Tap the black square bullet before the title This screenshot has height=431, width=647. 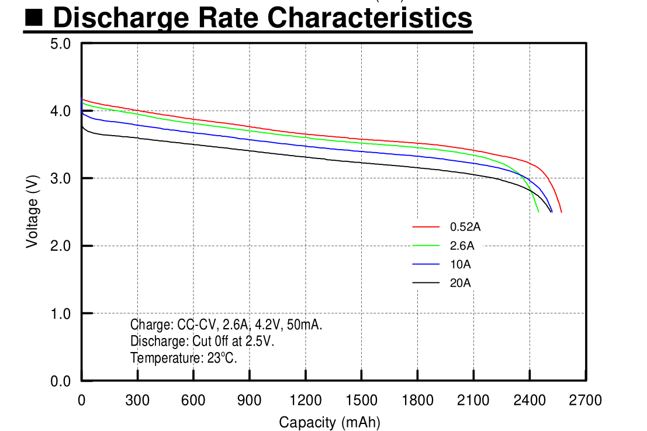pos(34,19)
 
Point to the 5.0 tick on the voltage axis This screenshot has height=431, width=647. pos(61,44)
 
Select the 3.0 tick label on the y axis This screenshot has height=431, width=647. pos(61,178)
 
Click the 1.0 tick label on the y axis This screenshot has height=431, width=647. pos(61,313)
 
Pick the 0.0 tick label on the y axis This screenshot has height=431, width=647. pos(61,381)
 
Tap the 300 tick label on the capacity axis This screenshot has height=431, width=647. pos(137,401)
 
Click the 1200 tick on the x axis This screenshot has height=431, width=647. pos(305,401)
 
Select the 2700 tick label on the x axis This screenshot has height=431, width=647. pos(585,401)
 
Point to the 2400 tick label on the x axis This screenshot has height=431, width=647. pos(529,401)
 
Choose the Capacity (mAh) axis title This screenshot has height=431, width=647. pos(330,422)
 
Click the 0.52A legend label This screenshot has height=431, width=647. pos(465,226)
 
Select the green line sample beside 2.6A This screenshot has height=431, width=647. pos(425,246)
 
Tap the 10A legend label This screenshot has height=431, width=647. pos(460,264)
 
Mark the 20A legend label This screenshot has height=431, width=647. pos(460,283)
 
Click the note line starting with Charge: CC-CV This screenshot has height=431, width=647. pos(226,325)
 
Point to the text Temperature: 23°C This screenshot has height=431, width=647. pos(184,358)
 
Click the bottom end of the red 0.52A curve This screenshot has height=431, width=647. pos(561,212)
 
